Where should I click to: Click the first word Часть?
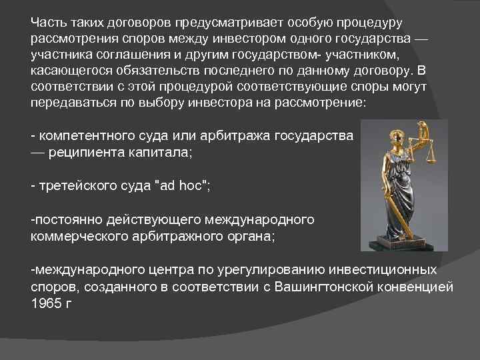[x=47, y=22]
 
